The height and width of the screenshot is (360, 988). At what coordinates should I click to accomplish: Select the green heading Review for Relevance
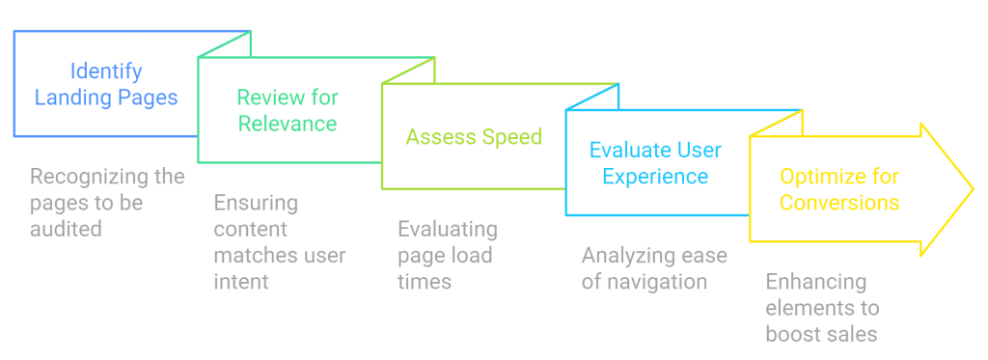point(288,110)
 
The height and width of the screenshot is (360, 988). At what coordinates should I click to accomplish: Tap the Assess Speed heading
point(474,137)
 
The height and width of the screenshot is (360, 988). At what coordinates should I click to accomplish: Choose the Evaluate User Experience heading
point(655,163)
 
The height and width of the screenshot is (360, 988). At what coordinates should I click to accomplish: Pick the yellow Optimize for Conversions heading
point(839,189)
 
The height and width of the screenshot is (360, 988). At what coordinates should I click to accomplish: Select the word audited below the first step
point(65,230)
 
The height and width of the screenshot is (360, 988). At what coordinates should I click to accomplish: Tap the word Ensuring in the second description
point(256,204)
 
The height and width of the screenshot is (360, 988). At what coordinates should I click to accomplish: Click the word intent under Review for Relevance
point(241,282)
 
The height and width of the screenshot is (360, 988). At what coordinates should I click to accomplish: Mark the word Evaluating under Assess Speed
point(448,230)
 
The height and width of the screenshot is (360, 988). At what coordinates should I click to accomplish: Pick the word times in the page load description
point(424,282)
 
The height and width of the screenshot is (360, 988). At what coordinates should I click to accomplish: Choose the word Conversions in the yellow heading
point(839,203)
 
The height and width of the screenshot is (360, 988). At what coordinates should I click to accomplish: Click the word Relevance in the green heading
point(288,124)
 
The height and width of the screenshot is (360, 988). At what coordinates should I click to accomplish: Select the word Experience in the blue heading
point(655,177)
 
